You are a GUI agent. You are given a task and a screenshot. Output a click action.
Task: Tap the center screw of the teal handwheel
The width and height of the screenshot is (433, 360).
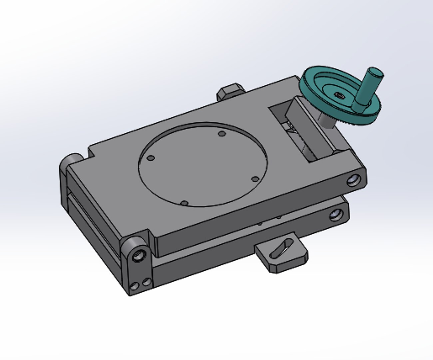(x=339, y=95)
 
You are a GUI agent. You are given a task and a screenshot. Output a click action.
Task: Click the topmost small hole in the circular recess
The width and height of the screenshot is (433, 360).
(x=221, y=134)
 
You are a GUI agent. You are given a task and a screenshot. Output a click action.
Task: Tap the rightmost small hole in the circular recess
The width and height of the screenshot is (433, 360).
(x=255, y=179)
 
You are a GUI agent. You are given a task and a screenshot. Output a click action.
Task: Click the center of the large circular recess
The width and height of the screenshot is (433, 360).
(x=203, y=164)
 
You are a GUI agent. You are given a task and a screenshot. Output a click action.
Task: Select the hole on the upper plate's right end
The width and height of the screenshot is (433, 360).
(x=353, y=181)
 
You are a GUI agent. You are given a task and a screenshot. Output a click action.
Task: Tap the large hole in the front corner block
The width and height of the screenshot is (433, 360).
(x=138, y=256)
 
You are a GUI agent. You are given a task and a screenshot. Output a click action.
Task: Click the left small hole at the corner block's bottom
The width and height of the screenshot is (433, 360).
(x=135, y=286)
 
